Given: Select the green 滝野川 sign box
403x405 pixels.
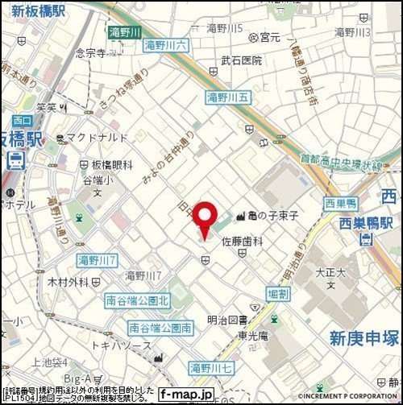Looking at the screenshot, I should (x=125, y=31).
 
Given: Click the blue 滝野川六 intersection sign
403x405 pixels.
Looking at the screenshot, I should (x=166, y=46).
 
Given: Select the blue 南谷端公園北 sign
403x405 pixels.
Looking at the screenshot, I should (x=138, y=300).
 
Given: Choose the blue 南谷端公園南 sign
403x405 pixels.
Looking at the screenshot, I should (x=160, y=328).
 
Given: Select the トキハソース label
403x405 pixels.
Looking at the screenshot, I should (x=120, y=345).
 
